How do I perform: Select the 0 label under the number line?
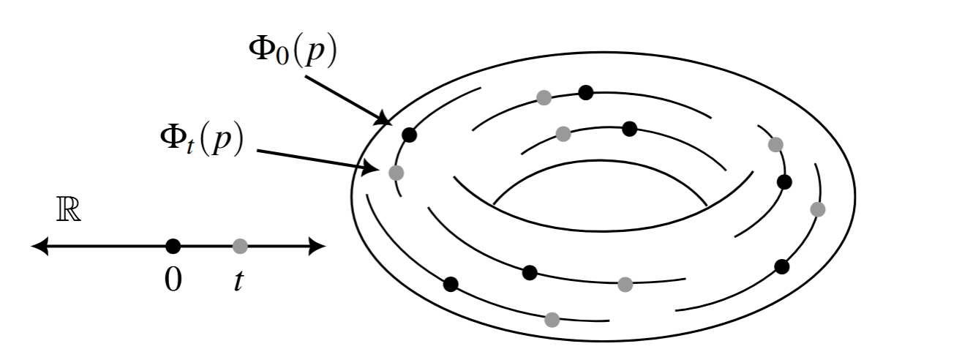[x=173, y=280]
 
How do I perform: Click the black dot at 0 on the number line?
[x=173, y=247]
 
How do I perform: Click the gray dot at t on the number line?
[x=239, y=247]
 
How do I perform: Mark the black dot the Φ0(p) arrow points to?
[x=410, y=135]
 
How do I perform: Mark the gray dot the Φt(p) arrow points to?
[x=396, y=173]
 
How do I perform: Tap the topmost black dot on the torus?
[x=585, y=92]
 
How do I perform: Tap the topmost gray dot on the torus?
[x=544, y=97]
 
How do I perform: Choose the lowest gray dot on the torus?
[x=552, y=319]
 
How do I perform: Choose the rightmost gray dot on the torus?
[x=818, y=209]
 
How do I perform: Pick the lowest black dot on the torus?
[x=451, y=284]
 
